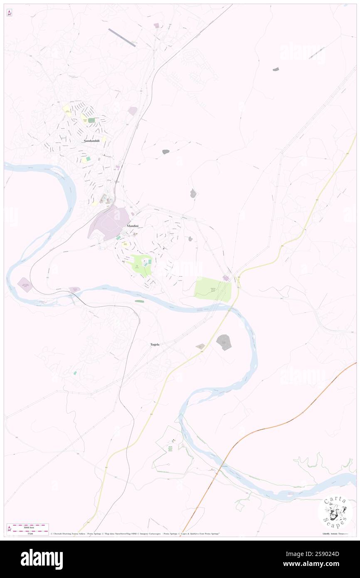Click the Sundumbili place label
[x=91, y=141]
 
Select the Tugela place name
[x=155, y=345]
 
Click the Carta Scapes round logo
[x=335, y=511]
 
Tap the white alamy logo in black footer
[x=42, y=559]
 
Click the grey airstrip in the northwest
[x=122, y=37]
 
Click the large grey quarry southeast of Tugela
[x=224, y=342]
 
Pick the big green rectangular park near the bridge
[x=213, y=289]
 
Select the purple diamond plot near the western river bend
[x=25, y=285]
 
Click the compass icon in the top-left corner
[x=10, y=13]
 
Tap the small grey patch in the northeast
[x=276, y=69]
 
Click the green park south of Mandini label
[x=141, y=265]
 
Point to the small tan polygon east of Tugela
[x=200, y=346]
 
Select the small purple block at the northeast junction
[x=226, y=278]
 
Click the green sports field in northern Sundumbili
[x=91, y=120]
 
